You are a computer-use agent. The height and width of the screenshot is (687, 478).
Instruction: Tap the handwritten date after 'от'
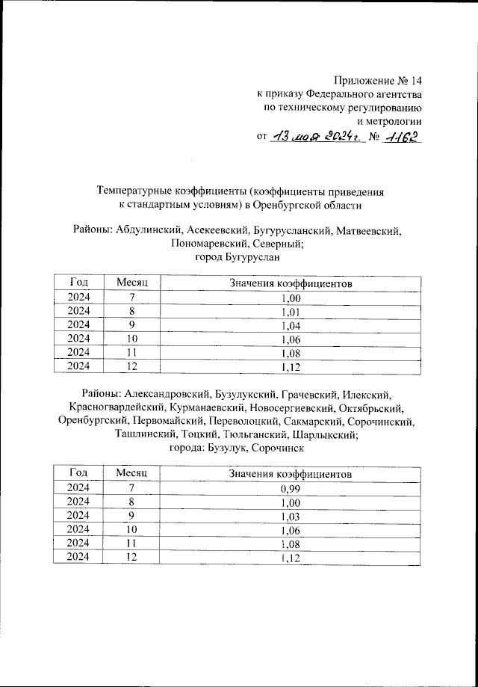[317, 137]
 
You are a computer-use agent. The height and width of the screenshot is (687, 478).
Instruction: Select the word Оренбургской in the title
[288, 204]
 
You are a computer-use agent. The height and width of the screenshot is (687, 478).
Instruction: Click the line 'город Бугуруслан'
[237, 258]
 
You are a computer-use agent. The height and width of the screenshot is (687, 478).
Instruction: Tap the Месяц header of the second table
[132, 474]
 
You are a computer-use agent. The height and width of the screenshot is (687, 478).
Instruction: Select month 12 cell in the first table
[132, 366]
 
